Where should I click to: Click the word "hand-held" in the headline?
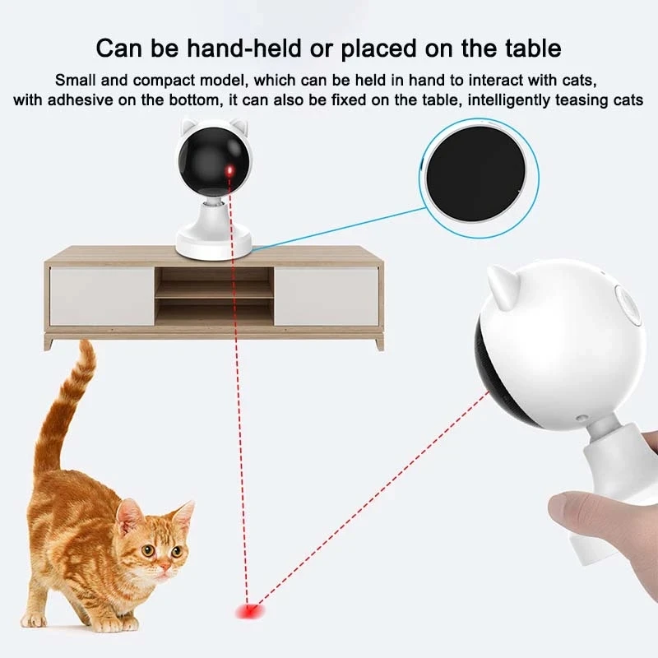tap(244, 49)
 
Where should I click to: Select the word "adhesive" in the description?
tap(80, 100)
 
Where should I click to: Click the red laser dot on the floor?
tap(250, 610)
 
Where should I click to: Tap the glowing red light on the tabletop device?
tap(229, 171)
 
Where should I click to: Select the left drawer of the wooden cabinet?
tap(102, 296)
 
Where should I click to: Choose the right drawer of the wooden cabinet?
tap(326, 296)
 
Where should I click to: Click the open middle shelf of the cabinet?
tap(214, 296)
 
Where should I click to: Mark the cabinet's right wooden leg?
tap(379, 344)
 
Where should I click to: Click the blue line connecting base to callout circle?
tap(338, 229)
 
